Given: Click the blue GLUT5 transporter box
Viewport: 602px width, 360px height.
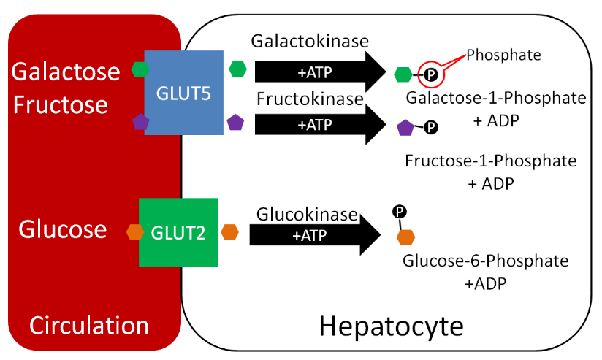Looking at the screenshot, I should coord(183,93).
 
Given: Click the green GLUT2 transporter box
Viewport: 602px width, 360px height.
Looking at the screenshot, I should coord(178,231).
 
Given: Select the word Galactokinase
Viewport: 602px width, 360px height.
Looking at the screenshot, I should coord(310,42).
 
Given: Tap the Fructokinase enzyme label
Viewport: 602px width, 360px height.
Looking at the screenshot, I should coord(310,99).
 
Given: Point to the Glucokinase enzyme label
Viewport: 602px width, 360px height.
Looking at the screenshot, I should coord(308,215).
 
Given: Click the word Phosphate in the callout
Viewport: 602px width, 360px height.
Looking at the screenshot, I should coord(503,55).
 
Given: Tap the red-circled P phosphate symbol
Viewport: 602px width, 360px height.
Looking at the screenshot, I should coord(431,74).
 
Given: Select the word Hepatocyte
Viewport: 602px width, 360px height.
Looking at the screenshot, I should coord(391,326).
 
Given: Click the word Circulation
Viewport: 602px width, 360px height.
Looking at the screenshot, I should coord(89,325).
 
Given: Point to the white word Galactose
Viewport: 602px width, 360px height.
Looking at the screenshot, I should coord(66,72).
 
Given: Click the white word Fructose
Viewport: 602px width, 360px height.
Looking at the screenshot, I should coord(61,104).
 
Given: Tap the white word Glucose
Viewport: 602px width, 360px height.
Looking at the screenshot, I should coord(63,229).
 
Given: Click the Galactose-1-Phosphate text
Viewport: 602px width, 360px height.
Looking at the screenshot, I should coord(496,98).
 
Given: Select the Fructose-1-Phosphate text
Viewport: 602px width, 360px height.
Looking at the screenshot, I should coord(490,161).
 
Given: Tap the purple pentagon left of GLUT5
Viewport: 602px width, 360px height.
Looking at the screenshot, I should coord(140,122).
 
